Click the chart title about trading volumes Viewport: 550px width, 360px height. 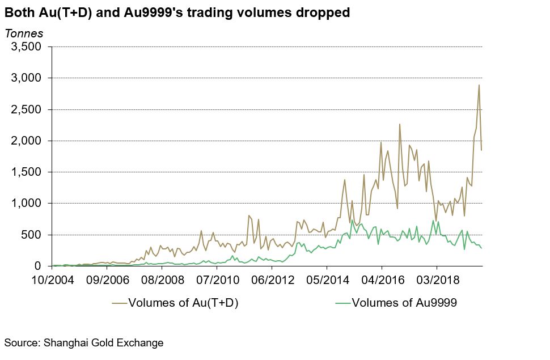(x=177, y=12)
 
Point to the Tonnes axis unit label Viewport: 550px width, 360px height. (x=24, y=33)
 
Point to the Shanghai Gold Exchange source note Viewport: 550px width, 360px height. (x=84, y=342)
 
